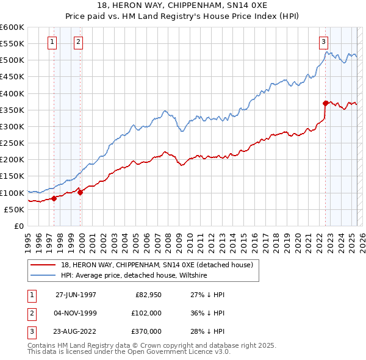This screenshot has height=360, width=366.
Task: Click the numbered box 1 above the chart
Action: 52,42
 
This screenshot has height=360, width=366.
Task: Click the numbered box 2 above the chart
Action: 79,42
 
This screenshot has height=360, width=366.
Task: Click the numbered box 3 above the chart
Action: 323,42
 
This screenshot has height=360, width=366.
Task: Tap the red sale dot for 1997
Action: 54,198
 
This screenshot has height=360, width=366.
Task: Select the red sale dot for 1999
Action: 80,192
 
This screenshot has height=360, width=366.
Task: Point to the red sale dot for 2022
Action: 326,103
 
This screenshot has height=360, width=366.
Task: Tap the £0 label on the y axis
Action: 18,226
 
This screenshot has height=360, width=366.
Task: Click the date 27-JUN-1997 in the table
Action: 76,295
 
